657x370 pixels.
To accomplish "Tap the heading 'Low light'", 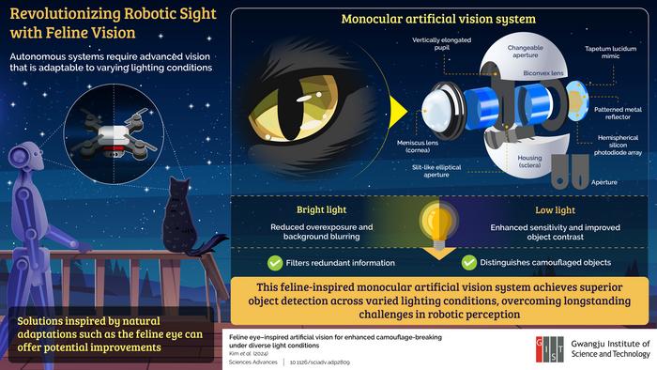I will [x=536, y=209].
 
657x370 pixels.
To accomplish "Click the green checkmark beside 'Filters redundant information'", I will [x=249, y=263].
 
